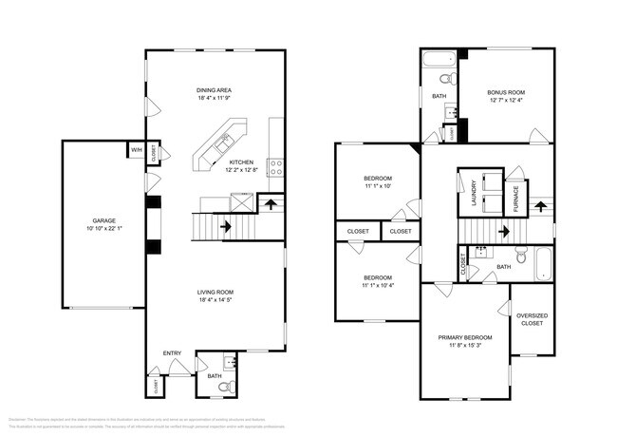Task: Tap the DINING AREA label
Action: [215, 90]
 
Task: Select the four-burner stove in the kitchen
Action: [276, 168]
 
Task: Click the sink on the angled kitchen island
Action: [222, 144]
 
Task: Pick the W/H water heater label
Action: [136, 149]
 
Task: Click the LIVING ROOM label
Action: [215, 292]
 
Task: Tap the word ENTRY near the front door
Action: [172, 353]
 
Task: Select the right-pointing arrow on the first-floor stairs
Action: [226, 227]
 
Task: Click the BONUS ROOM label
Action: [506, 93]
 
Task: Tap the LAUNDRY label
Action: [472, 193]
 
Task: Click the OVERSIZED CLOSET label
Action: [531, 319]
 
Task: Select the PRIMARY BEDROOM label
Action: [464, 337]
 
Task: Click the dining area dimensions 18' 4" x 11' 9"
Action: [215, 99]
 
